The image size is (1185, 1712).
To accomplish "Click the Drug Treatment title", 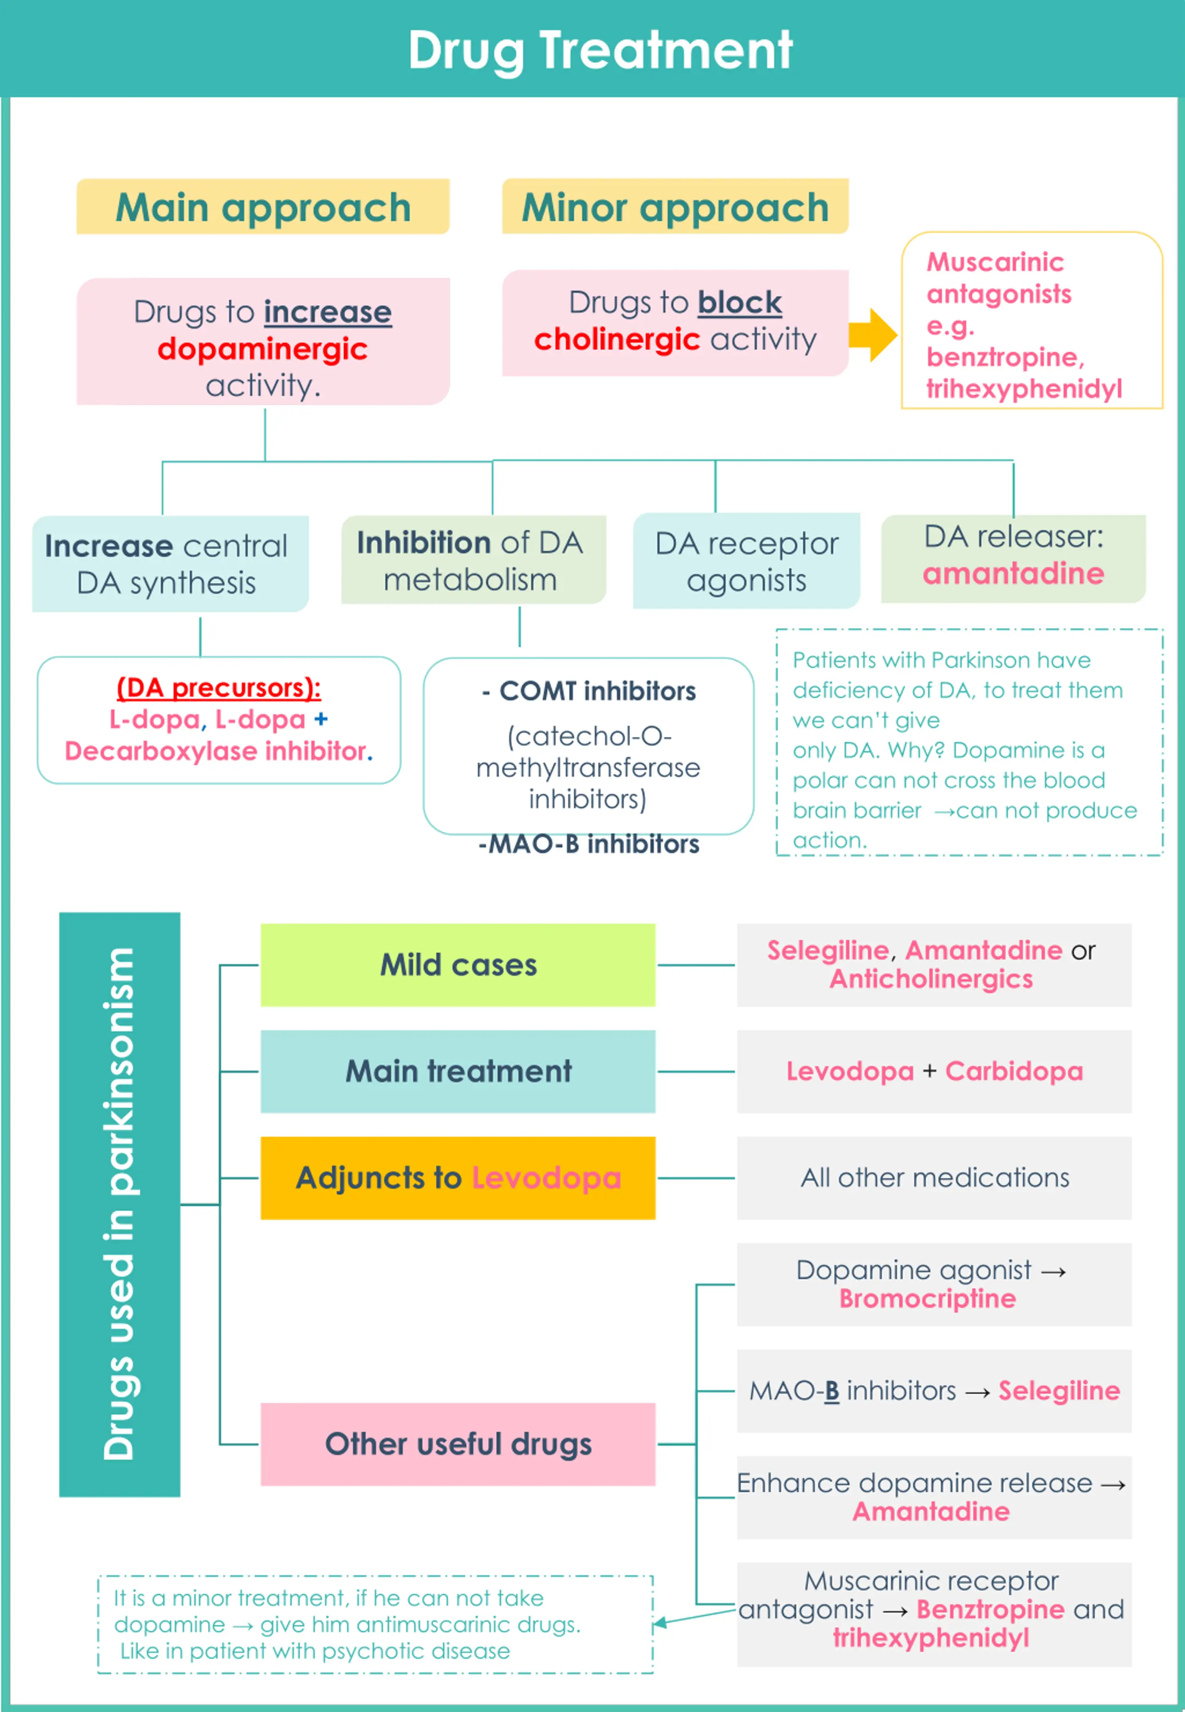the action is pyautogui.click(x=600, y=50).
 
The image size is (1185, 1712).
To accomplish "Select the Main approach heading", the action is pyautogui.click(x=263, y=206).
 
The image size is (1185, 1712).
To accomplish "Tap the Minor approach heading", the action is pyautogui.click(x=675, y=206).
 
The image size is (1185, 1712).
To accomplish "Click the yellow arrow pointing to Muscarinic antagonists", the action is pyautogui.click(x=873, y=335).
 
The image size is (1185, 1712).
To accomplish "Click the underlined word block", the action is pyautogui.click(x=740, y=302).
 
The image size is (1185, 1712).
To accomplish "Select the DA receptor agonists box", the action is pyautogui.click(x=746, y=561).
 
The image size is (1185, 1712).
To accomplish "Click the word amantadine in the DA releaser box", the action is pyautogui.click(x=1013, y=573).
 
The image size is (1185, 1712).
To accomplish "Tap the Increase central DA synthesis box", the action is pyautogui.click(x=170, y=563).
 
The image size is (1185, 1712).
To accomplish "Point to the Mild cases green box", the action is pyautogui.click(x=458, y=965).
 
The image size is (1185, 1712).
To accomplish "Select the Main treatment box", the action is pyautogui.click(x=458, y=1071).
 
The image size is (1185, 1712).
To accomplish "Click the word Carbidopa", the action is pyautogui.click(x=1014, y=1071).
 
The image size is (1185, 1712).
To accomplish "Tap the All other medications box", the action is pyautogui.click(x=934, y=1177).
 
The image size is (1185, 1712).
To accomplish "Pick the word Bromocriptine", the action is pyautogui.click(x=927, y=1299).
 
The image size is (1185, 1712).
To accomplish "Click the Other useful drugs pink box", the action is pyautogui.click(x=458, y=1444).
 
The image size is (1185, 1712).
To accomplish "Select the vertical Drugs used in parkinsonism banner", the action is pyautogui.click(x=119, y=1204).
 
